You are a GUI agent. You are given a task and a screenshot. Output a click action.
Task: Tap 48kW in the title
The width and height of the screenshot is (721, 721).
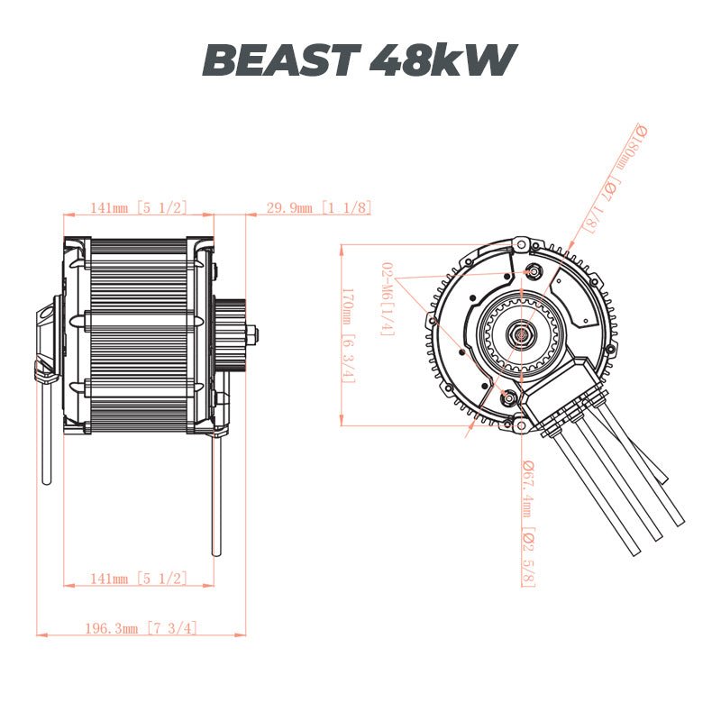(x=443, y=60)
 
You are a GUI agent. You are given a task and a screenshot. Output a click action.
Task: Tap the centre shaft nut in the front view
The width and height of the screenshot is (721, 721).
(x=521, y=333)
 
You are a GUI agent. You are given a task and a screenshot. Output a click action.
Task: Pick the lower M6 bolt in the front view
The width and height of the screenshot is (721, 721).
(x=507, y=397)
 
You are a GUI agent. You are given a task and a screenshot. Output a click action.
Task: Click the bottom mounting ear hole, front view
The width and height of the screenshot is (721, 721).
(x=520, y=423)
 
